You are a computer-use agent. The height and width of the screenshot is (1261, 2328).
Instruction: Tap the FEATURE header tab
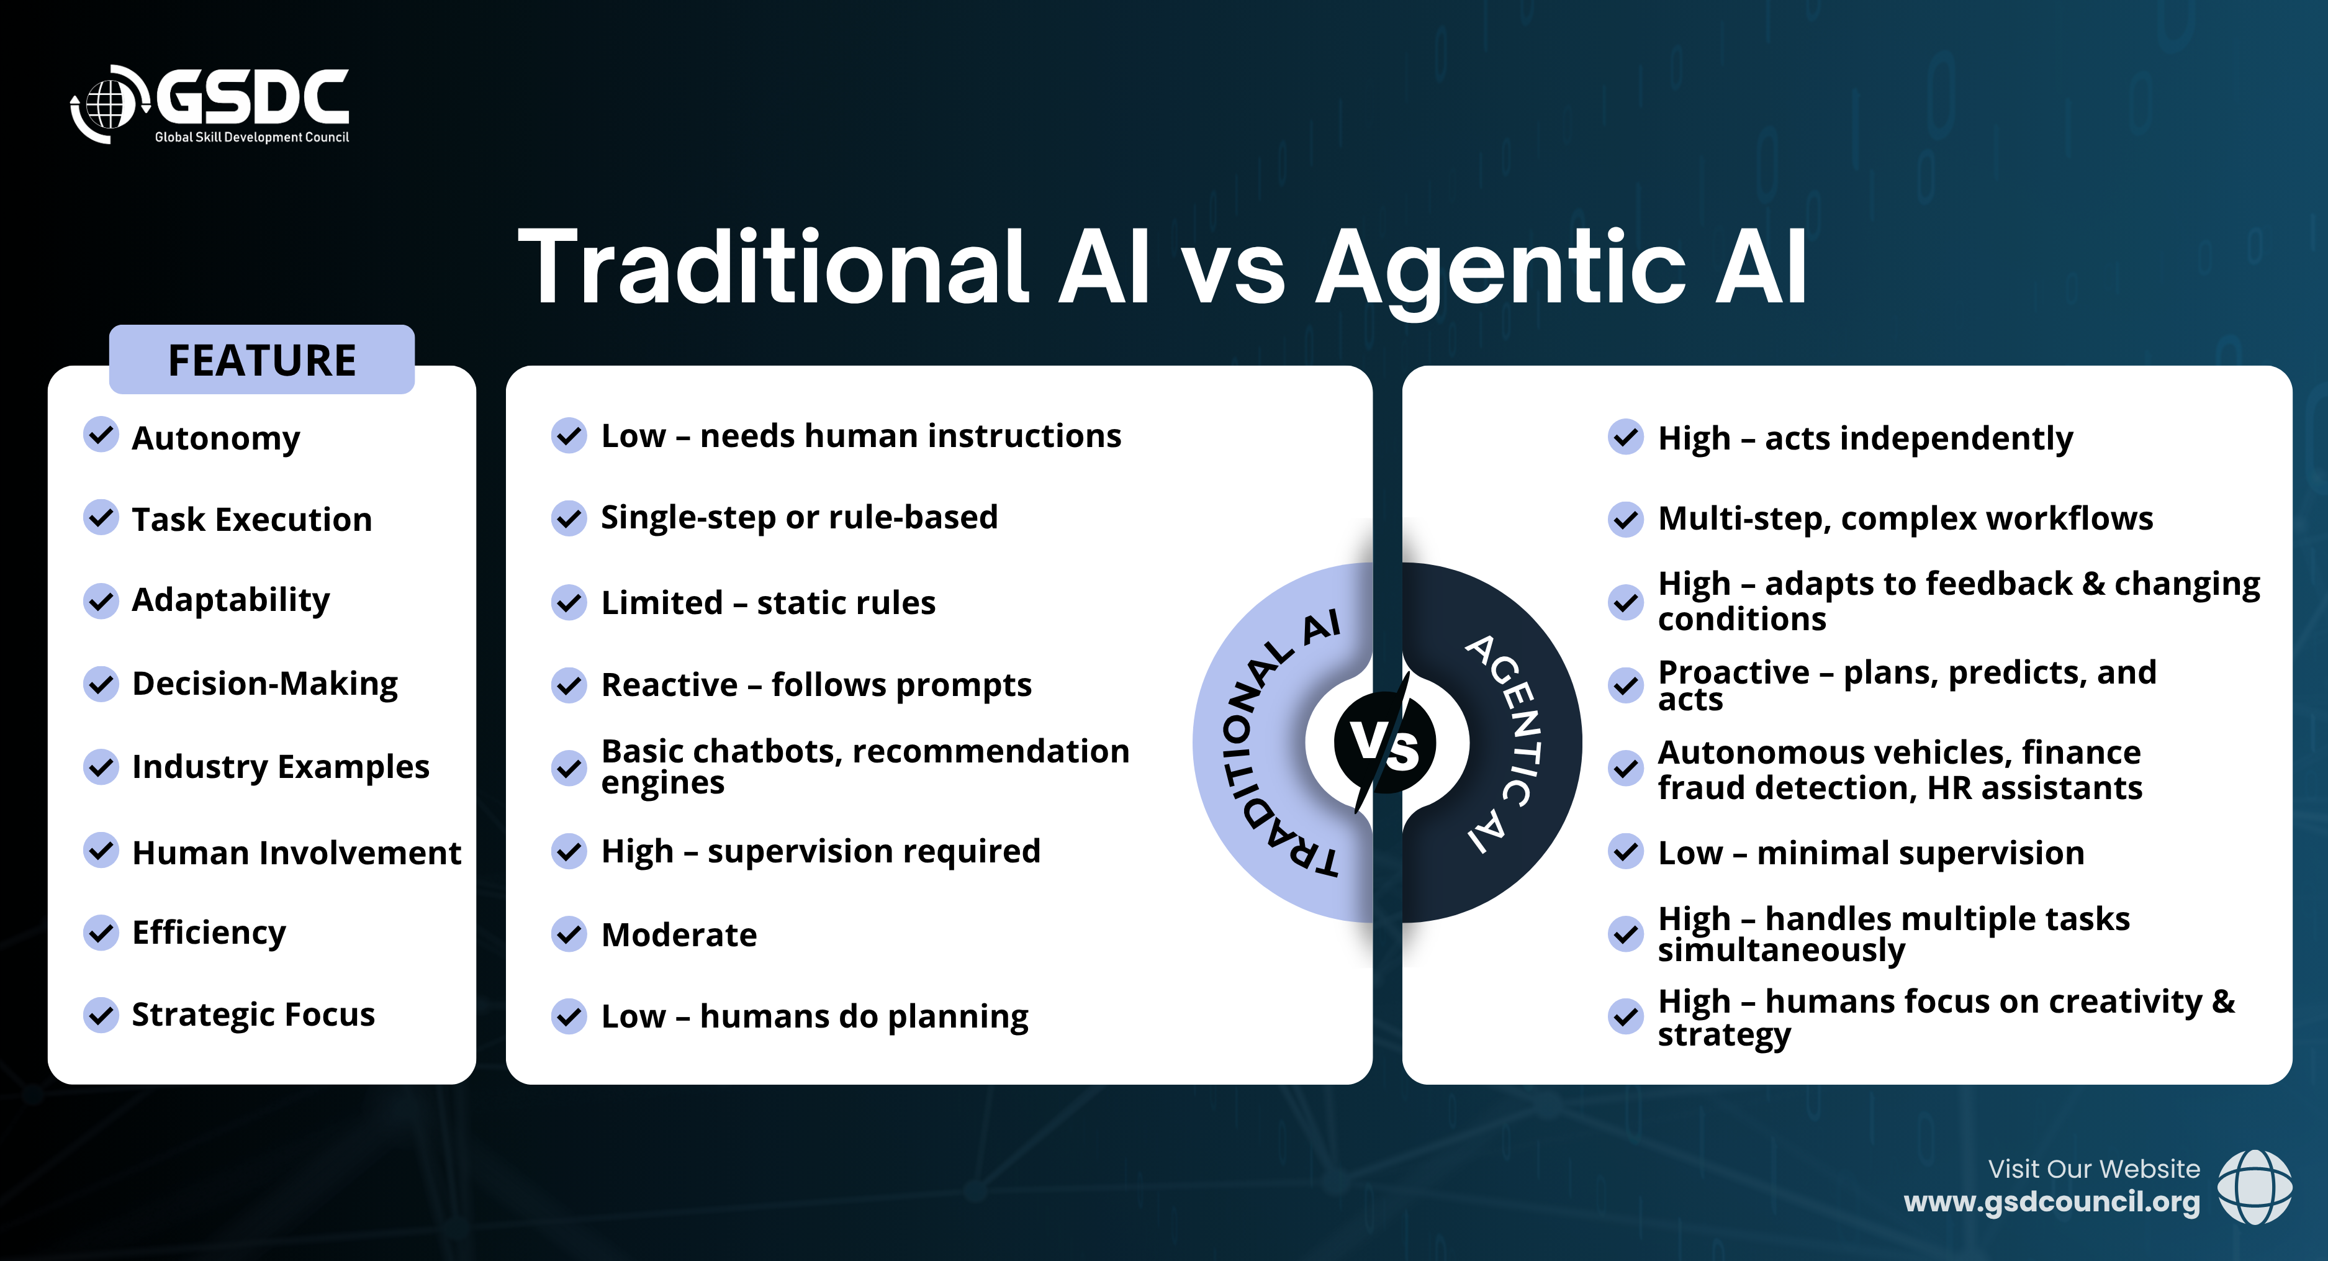coord(262,359)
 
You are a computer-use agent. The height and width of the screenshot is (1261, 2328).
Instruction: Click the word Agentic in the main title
coord(1500,268)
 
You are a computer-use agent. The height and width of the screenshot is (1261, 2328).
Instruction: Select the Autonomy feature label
coord(216,438)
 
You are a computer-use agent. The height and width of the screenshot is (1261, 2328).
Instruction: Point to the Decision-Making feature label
coord(265,684)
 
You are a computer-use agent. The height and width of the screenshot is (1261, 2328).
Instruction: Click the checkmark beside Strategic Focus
coord(101,1015)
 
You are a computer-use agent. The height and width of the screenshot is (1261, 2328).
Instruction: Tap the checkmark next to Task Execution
coord(101,518)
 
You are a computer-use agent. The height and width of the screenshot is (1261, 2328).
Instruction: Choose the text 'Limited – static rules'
coord(768,602)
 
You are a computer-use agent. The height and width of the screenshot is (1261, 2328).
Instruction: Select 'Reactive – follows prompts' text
coord(816,685)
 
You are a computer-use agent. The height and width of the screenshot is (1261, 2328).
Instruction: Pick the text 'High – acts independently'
coord(1866,438)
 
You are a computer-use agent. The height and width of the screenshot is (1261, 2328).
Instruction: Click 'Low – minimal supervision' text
coord(1870,852)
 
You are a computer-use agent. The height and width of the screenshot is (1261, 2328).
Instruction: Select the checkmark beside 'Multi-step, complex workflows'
coord(1626,520)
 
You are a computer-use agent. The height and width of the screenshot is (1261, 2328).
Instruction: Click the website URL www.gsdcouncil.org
coord(2052,1202)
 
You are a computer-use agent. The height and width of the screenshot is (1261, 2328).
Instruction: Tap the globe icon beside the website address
coord(2255,1187)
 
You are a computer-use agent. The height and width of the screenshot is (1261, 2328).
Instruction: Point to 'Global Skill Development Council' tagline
coord(251,137)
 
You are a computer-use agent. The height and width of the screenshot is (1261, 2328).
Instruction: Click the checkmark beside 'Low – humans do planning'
coord(569,1016)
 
